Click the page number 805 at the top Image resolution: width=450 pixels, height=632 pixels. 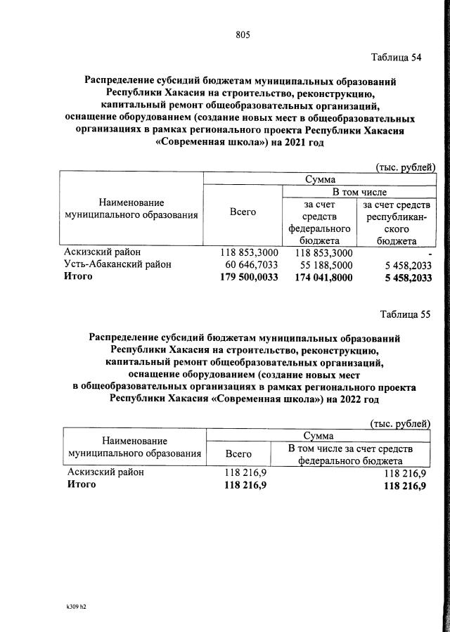click(243, 35)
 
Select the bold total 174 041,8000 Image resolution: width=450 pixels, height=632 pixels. click(321, 277)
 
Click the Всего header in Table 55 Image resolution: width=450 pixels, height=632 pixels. click(238, 455)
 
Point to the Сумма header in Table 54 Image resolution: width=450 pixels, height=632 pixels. click(320, 179)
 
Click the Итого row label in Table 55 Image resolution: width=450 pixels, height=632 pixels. click(79, 485)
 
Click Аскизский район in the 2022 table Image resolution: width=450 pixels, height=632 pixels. click(104, 473)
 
